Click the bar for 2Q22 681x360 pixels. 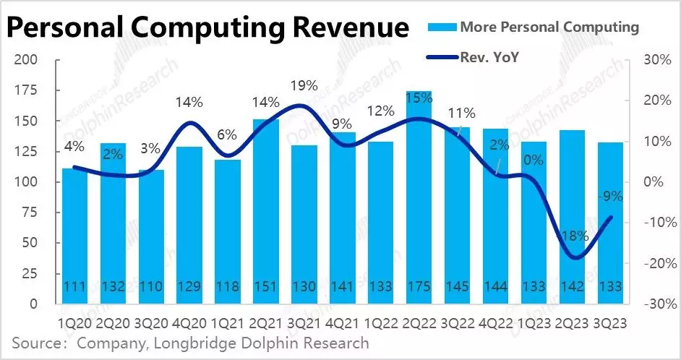[x=419, y=202]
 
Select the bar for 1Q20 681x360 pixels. [x=74, y=239]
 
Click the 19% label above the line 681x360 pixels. [x=304, y=86]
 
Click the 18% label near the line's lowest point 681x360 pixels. [x=572, y=236]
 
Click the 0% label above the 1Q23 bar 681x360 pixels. [x=534, y=160]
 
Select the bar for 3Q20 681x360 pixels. [x=151, y=239]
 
